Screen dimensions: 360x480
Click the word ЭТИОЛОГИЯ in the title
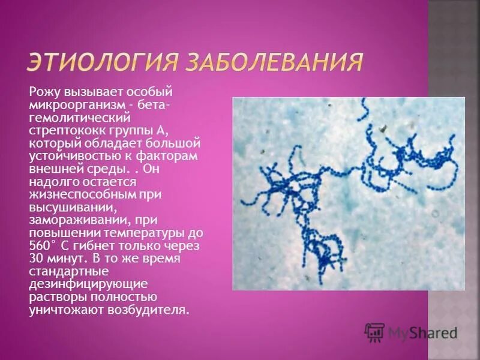pyautogui.click(x=99, y=62)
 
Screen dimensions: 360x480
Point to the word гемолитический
pyautogui.click(x=71, y=118)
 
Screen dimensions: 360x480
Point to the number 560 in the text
pyautogui.click(x=40, y=246)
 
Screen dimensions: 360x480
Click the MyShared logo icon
pyautogui.click(x=374, y=332)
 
